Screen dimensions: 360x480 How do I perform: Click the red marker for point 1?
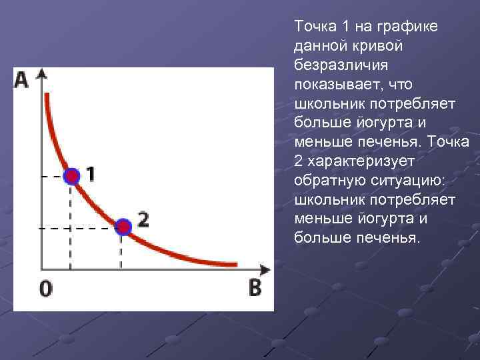71,176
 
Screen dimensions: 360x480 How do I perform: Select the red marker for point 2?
123,227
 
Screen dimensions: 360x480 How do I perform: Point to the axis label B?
255,288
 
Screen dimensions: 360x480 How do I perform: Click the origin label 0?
46,289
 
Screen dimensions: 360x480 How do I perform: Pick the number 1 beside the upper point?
90,174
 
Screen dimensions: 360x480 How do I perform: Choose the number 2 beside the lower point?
143,219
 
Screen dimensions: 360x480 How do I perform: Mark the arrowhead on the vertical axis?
42,73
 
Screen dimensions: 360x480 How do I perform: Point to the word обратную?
324,181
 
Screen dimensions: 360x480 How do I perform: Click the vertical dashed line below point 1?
71,227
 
